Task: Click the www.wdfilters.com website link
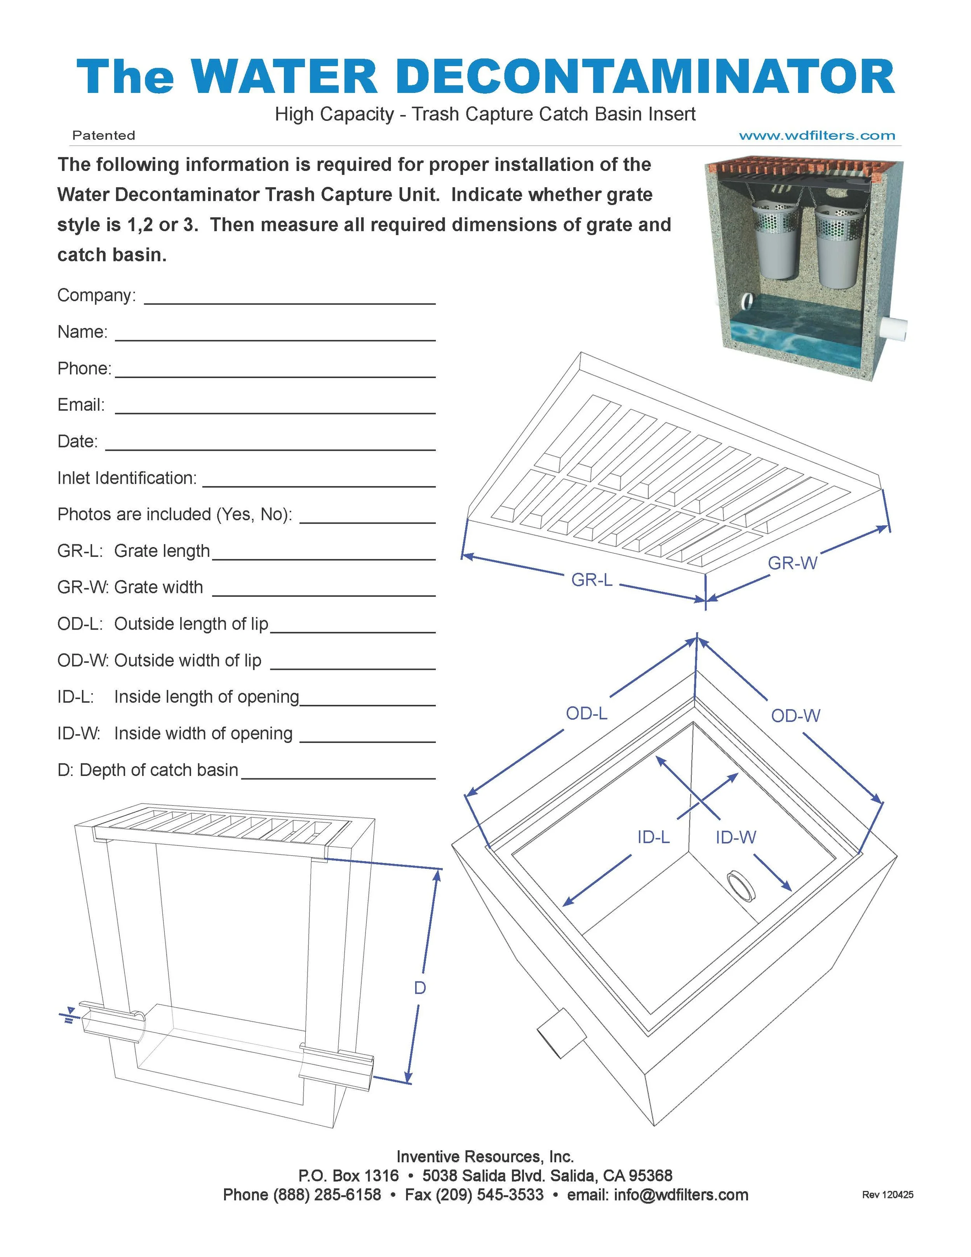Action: (817, 136)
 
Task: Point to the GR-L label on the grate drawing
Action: (592, 580)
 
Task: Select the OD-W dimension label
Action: (795, 716)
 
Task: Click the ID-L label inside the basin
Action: (653, 837)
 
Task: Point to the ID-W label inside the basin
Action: (735, 837)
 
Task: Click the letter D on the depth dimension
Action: (420, 988)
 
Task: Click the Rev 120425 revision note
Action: (887, 1195)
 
